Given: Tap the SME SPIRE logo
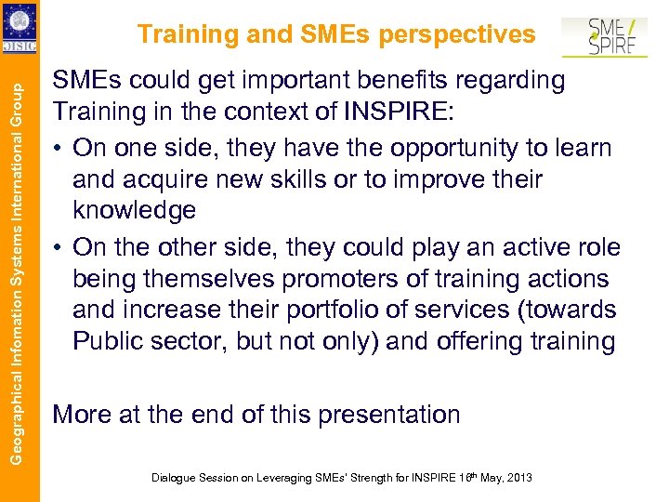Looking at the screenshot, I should pos(604,36).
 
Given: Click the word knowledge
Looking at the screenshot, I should pos(134,210).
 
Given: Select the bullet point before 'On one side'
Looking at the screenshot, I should pos(59,149).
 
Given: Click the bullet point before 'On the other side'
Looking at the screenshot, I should pos(59,247).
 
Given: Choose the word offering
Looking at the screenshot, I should pos(484,341).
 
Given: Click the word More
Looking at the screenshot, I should pos(82,414).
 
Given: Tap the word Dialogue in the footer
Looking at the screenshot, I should pos(175,478).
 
